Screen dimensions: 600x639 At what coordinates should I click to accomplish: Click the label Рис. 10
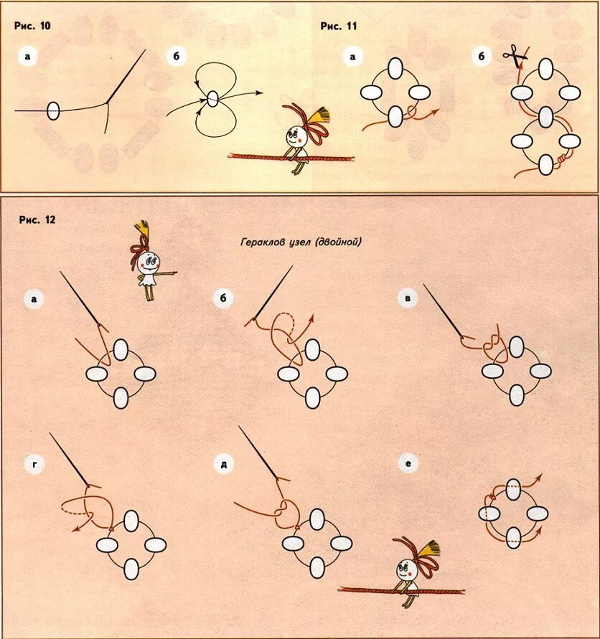[x=32, y=26]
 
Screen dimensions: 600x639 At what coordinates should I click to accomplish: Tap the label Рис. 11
[x=338, y=26]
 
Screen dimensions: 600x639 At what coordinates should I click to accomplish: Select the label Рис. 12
[x=37, y=220]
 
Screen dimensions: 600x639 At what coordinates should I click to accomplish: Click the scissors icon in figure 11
[x=515, y=57]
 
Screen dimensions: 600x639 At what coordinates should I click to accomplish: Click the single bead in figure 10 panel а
[x=53, y=111]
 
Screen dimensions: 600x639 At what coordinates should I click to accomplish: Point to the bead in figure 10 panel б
[x=213, y=99]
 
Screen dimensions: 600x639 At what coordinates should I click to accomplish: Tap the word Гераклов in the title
[x=263, y=242]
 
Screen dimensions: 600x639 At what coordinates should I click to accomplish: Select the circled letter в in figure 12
[x=407, y=299]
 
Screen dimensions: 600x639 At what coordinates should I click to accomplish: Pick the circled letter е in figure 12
[x=408, y=464]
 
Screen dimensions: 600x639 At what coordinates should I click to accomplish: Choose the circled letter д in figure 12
[x=224, y=464]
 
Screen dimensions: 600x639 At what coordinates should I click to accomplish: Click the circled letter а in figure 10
[x=27, y=57]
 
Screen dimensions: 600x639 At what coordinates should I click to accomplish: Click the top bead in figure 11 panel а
[x=394, y=68]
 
